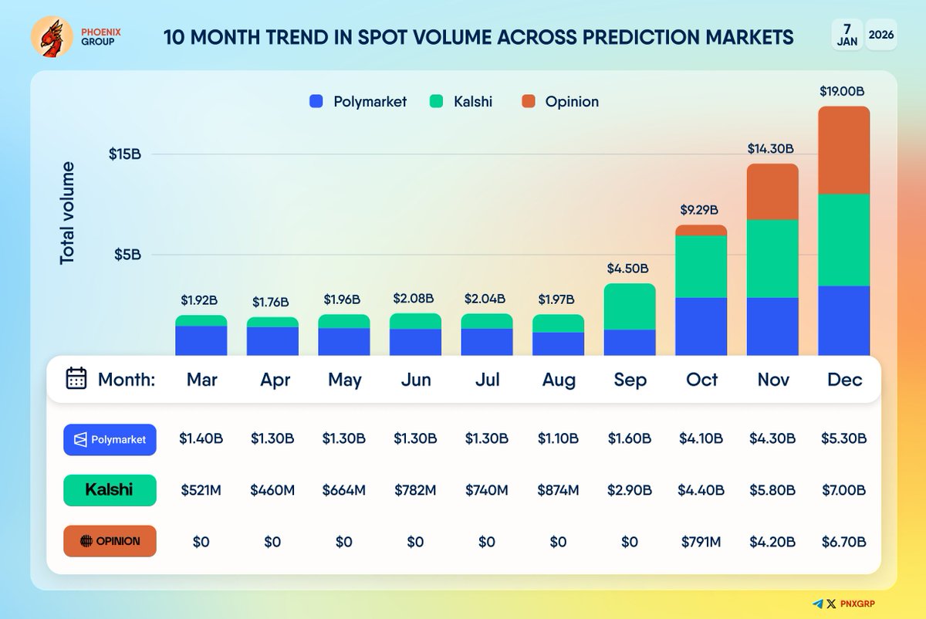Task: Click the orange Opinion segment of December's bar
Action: click(x=843, y=150)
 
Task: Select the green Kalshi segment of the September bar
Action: click(x=630, y=306)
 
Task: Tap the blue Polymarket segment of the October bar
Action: click(x=701, y=326)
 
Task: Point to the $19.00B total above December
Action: click(x=843, y=91)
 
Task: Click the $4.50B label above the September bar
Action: click(x=630, y=269)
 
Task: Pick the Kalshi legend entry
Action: click(x=461, y=101)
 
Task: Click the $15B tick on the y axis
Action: click(x=124, y=154)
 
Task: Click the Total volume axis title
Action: click(x=68, y=213)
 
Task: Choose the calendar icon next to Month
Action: click(x=76, y=379)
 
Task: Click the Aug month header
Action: click(x=558, y=380)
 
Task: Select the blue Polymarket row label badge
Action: click(x=110, y=439)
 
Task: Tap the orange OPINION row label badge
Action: click(x=110, y=541)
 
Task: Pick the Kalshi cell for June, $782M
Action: click(x=415, y=490)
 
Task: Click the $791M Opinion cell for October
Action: click(x=701, y=542)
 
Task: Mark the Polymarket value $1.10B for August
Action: click(x=558, y=438)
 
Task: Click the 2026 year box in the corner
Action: click(x=881, y=35)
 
